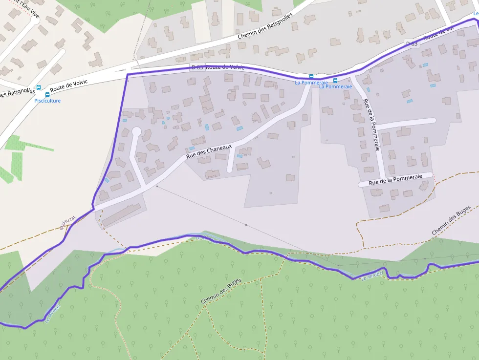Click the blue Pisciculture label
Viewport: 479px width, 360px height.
47,101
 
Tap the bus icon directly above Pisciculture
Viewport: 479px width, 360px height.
47,95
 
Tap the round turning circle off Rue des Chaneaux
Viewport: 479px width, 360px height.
136,131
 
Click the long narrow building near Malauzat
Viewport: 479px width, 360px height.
121,215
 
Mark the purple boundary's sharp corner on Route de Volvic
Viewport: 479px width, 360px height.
127,75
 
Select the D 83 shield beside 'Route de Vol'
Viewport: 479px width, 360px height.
412,44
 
